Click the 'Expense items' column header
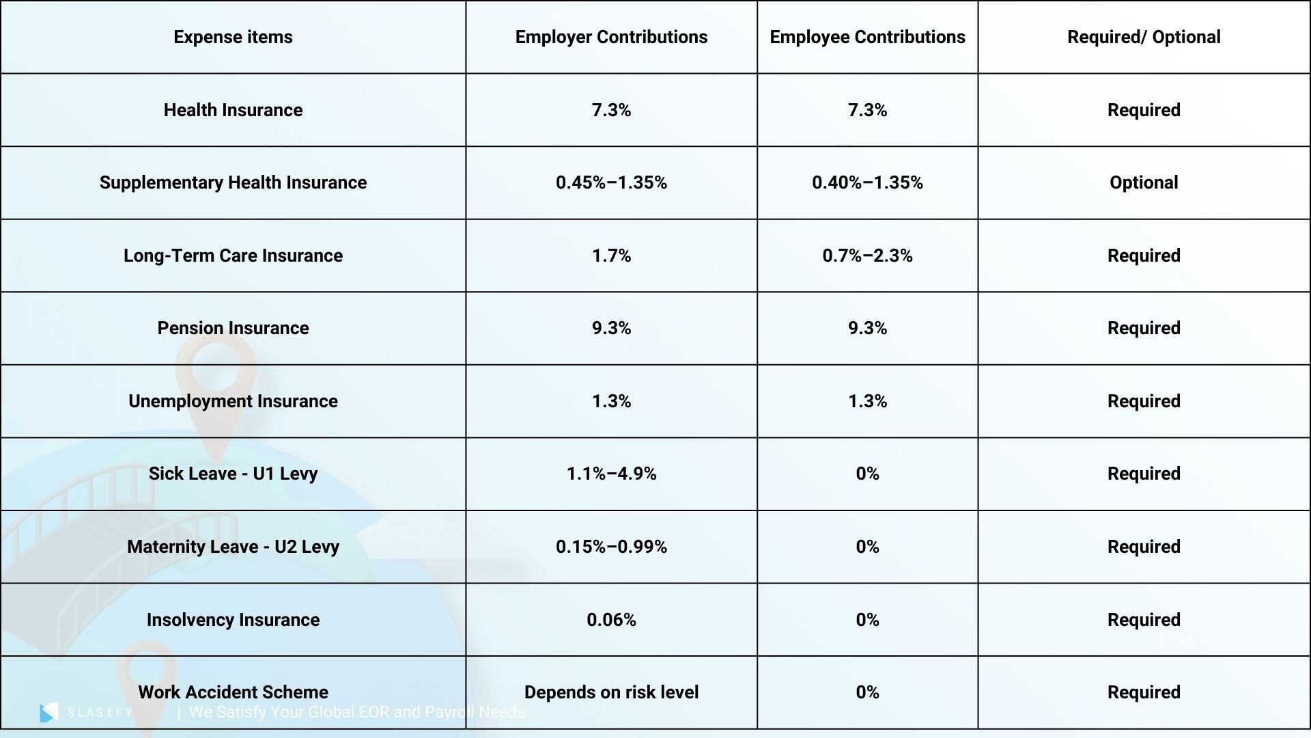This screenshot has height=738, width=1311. coord(233,37)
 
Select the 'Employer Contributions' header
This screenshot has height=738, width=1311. coord(611,37)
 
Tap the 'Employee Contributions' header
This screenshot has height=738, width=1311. coord(867,37)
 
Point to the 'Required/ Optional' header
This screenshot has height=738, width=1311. coord(1144,37)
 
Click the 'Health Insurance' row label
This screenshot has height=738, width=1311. coord(233,110)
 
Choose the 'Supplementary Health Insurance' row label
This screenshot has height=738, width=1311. coord(233,182)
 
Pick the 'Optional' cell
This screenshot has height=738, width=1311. coord(1144,182)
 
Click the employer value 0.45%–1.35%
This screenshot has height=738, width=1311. coord(611,182)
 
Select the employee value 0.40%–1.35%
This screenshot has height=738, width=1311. coord(867,182)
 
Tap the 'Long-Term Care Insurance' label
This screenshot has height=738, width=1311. coord(233,256)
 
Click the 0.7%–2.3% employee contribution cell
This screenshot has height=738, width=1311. coord(867,256)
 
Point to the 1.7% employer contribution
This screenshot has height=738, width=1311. coord(611,256)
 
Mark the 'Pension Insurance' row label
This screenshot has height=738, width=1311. coord(233,328)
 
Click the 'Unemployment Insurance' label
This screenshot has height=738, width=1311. coord(233,401)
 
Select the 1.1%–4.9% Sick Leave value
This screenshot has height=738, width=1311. coord(611,474)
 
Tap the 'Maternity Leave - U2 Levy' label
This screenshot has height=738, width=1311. coord(233,547)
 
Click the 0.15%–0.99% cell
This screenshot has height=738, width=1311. coord(611,547)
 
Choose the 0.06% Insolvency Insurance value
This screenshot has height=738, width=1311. coord(611,620)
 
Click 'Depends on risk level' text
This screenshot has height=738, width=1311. coord(611,692)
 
